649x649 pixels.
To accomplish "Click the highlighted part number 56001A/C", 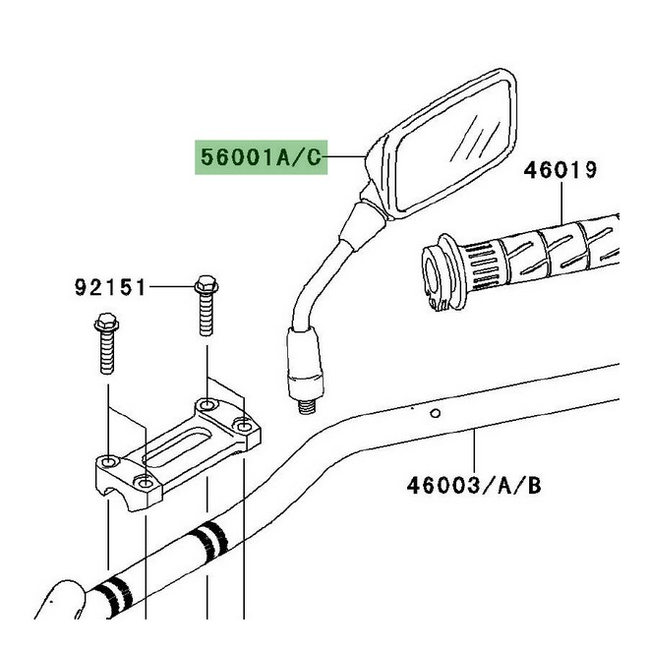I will tap(260, 156).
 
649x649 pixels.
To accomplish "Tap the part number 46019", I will tap(560, 170).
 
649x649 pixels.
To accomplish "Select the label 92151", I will tap(110, 288).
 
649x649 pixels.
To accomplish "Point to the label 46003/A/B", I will tap(474, 484).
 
